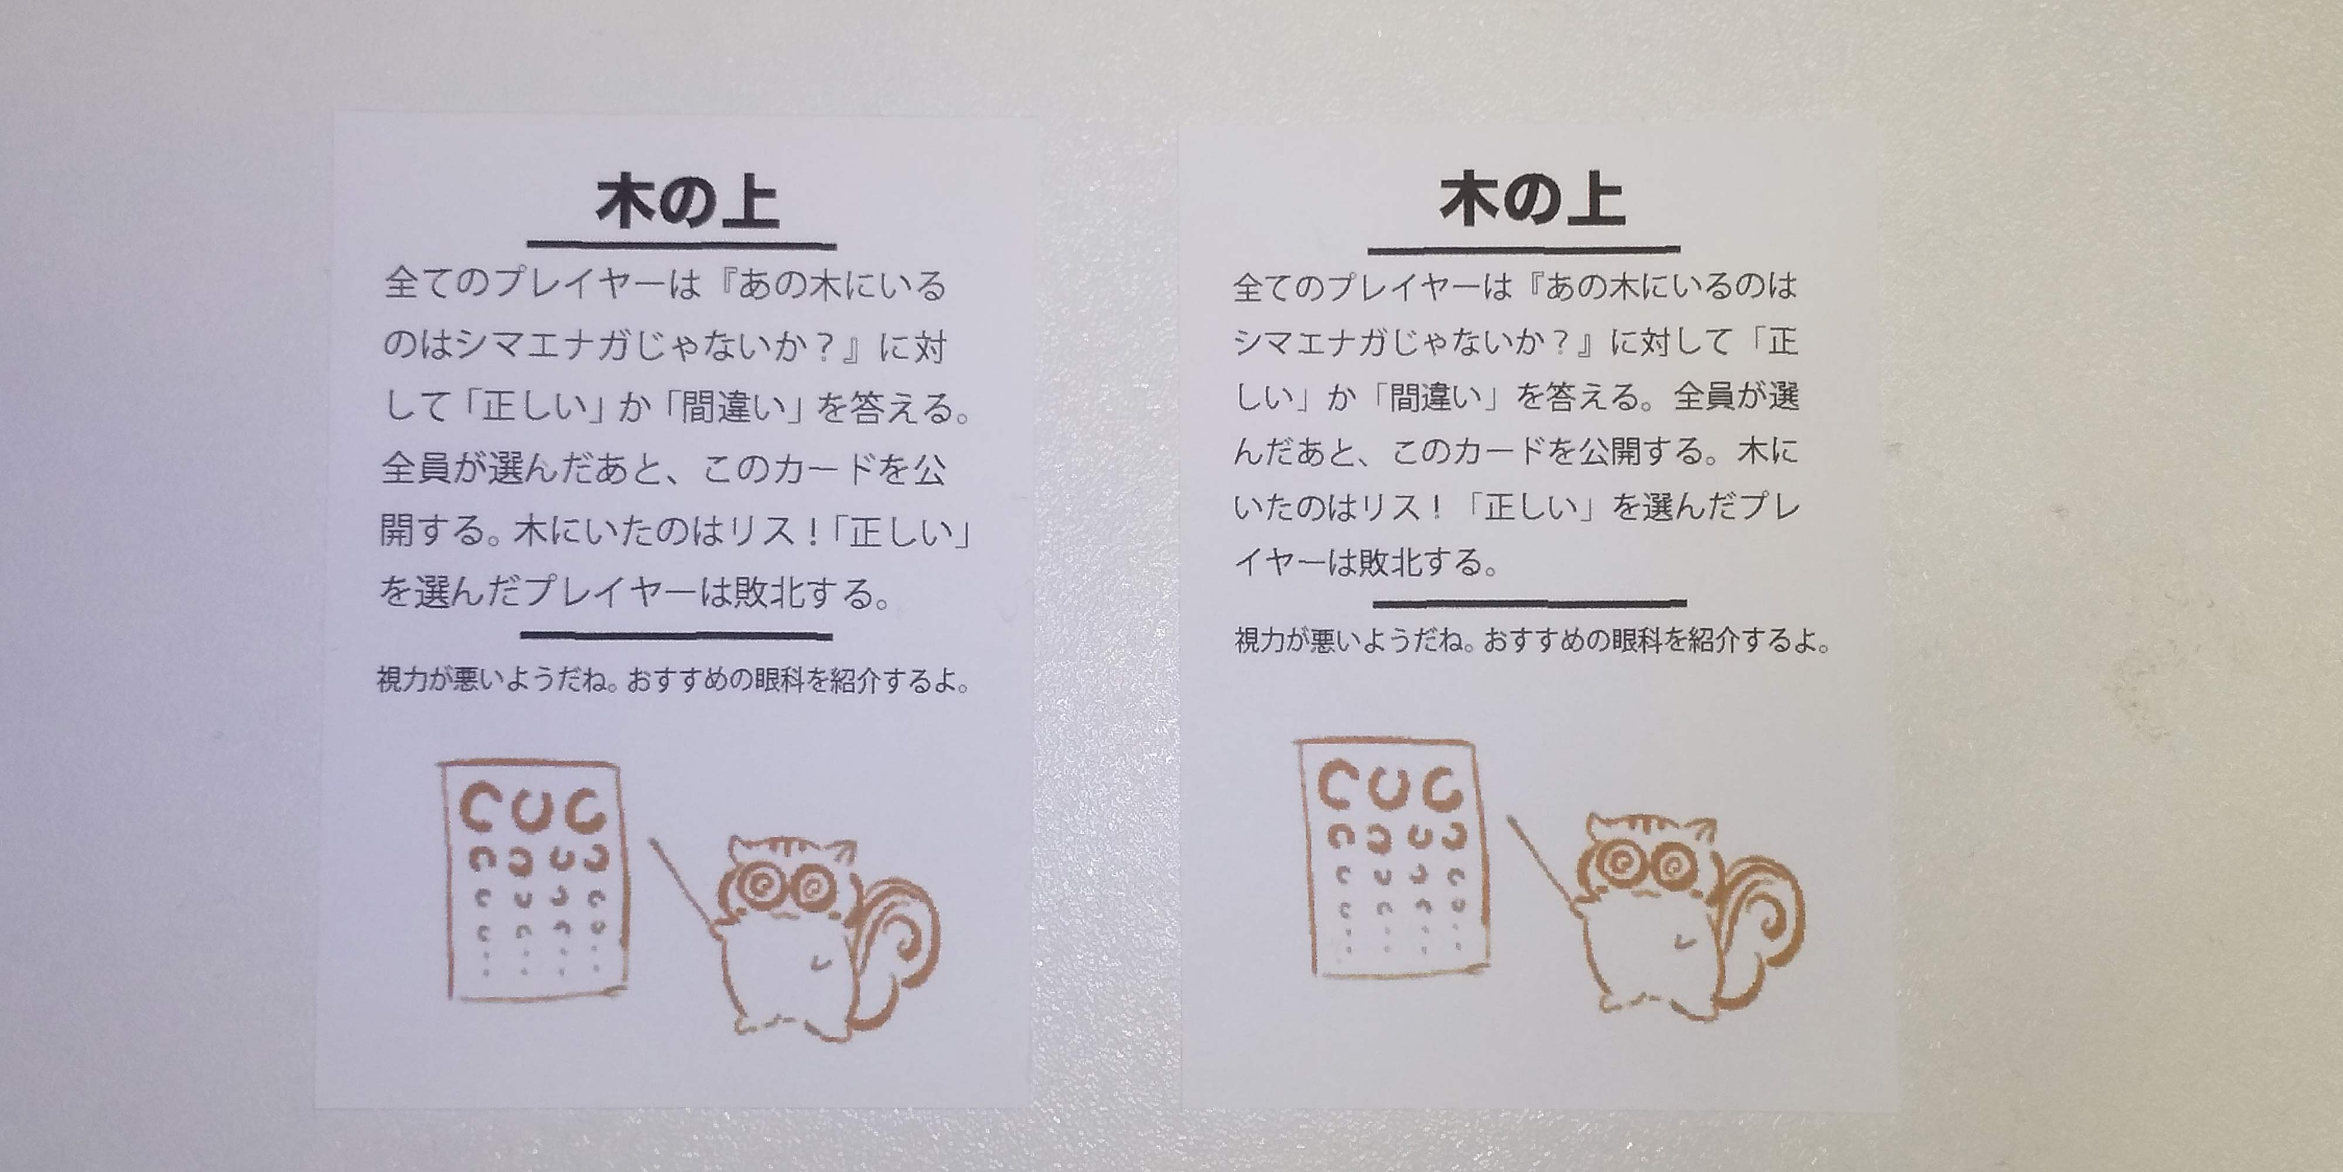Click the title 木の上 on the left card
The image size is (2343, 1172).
tap(688, 202)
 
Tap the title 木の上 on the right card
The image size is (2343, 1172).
tap(1532, 200)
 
